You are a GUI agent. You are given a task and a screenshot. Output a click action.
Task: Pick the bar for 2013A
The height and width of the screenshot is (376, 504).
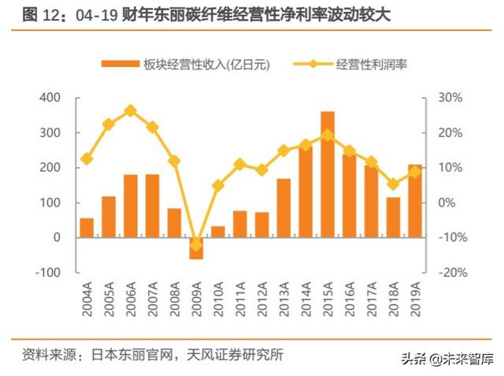[283, 207]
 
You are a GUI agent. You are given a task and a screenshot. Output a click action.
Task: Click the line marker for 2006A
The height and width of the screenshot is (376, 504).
[131, 111]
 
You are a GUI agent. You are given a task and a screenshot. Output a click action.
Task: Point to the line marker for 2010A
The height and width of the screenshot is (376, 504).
[218, 186]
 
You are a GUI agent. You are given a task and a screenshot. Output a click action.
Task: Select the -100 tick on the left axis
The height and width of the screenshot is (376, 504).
[47, 272]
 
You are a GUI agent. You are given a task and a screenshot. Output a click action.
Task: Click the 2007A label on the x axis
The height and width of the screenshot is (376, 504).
[153, 298]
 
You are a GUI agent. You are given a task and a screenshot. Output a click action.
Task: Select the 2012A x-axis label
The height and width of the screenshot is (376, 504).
[262, 298]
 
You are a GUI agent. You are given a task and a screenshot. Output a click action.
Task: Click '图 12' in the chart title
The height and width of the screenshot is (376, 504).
[40, 15]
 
